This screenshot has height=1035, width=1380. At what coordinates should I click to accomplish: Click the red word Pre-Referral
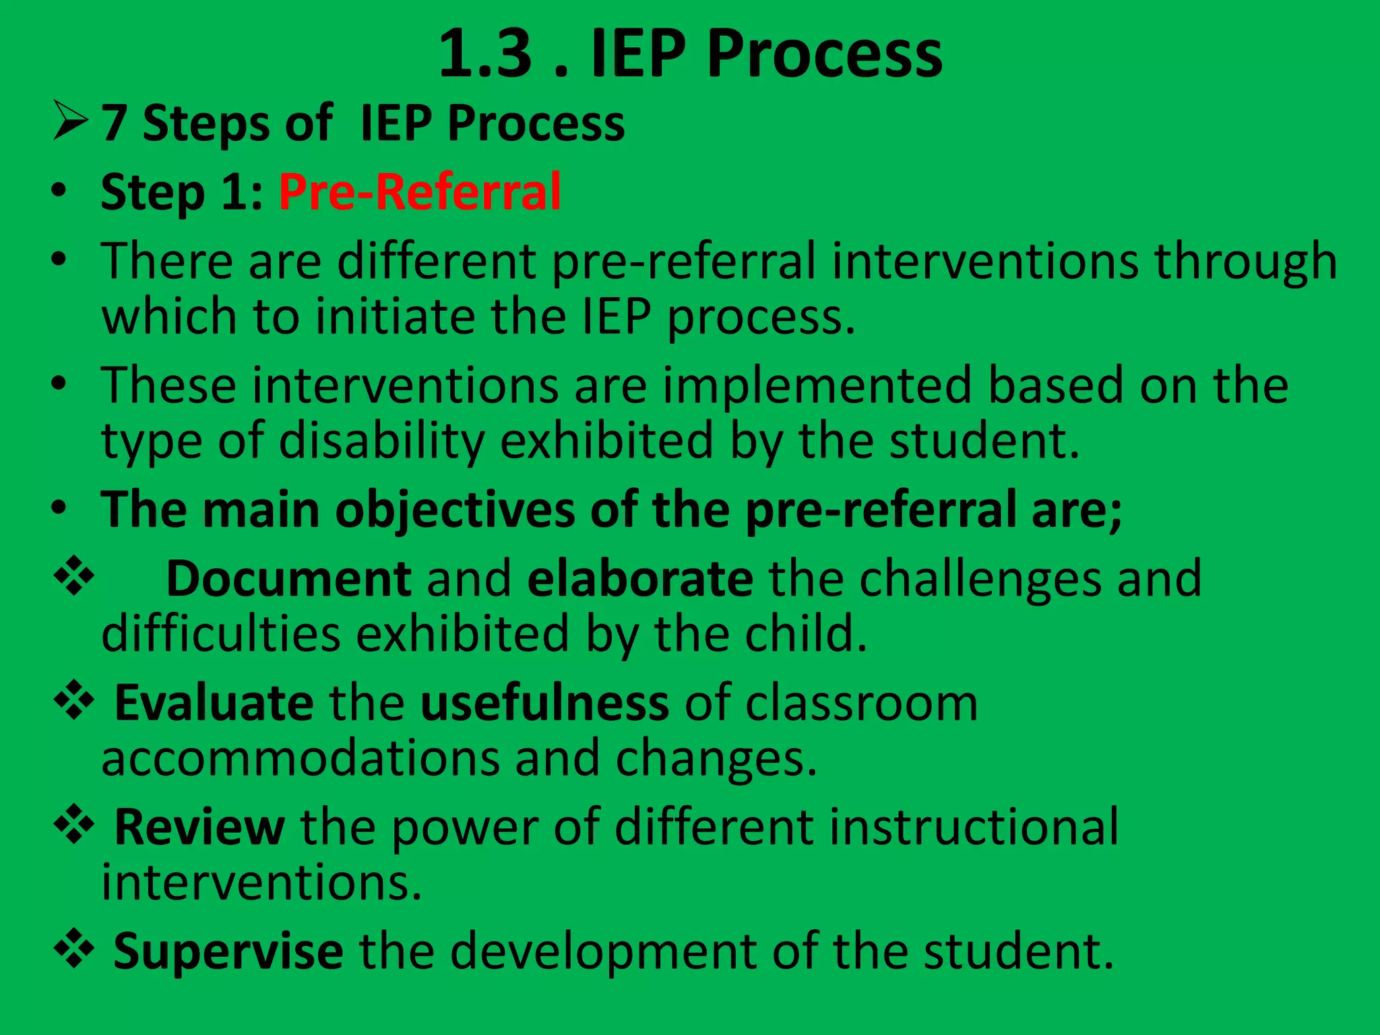pos(420,192)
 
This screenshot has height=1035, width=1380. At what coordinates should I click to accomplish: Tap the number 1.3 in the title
pos(485,54)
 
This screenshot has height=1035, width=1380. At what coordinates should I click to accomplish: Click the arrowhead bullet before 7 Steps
pos(70,121)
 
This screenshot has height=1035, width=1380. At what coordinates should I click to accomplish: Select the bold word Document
pos(289,578)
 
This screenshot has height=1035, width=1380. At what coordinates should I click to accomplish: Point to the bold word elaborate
pos(640,578)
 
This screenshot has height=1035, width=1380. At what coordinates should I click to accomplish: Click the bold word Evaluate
pos(214,703)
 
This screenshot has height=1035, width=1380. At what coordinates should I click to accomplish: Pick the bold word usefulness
pos(544,703)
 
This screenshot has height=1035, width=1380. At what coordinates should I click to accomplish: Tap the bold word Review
pos(199,827)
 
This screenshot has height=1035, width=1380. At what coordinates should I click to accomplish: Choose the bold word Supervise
pos(228,951)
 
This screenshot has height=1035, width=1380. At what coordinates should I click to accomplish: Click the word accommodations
pos(301,758)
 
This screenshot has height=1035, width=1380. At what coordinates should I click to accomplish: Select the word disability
pos(381,441)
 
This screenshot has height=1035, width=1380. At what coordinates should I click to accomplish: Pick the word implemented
pos(817,385)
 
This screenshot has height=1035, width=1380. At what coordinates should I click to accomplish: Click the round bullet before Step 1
pos(59,192)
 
